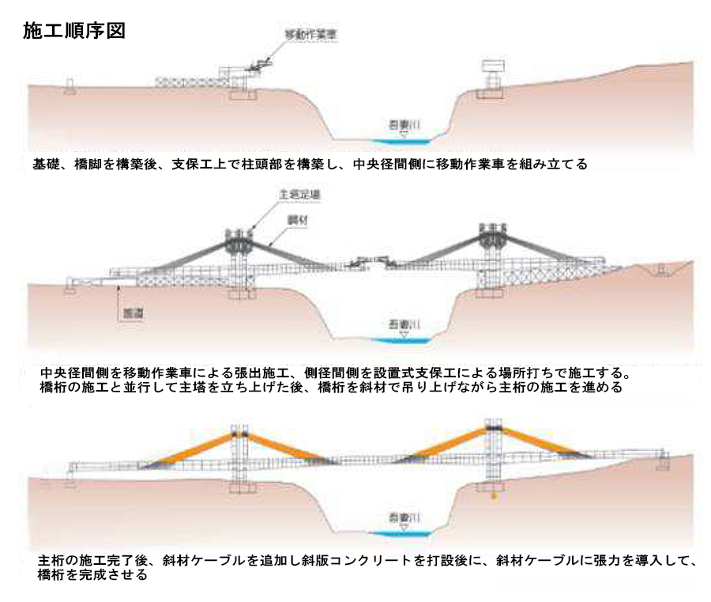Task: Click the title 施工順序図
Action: pos(76,32)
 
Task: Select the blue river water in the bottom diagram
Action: pos(401,535)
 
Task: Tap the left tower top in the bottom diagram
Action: pos(239,434)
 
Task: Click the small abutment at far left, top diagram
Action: pos(70,85)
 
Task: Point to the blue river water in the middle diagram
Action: pos(401,340)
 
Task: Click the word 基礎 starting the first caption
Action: pos(45,165)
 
